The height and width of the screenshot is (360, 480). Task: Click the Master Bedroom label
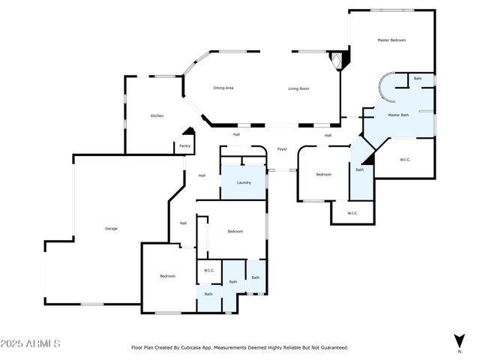391,40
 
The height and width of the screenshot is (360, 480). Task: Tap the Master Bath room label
398,115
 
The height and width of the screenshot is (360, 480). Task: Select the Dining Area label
223,88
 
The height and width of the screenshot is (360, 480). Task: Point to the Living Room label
299,88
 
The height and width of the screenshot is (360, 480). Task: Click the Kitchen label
157,115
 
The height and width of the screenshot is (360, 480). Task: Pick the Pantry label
184,145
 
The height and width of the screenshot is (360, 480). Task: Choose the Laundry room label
244,182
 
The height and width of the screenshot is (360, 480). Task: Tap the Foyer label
282,149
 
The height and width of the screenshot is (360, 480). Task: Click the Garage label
111,228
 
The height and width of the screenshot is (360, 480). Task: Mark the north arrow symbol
459,340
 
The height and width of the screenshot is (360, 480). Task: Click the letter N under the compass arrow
459,351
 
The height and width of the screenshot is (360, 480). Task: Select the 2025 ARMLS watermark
31,343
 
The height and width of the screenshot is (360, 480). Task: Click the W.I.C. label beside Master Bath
405,159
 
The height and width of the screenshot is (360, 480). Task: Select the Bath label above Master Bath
418,79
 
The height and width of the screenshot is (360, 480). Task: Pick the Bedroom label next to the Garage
167,276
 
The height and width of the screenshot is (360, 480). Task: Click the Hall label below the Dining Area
236,134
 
